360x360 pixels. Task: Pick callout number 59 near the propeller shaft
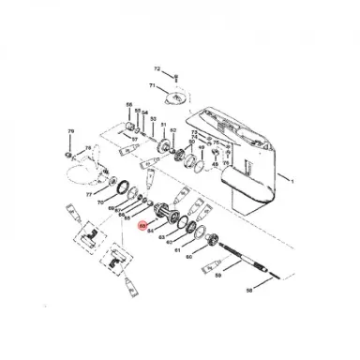point(218,277)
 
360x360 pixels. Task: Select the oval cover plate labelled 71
point(175,97)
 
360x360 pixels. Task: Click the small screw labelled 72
point(172,72)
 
